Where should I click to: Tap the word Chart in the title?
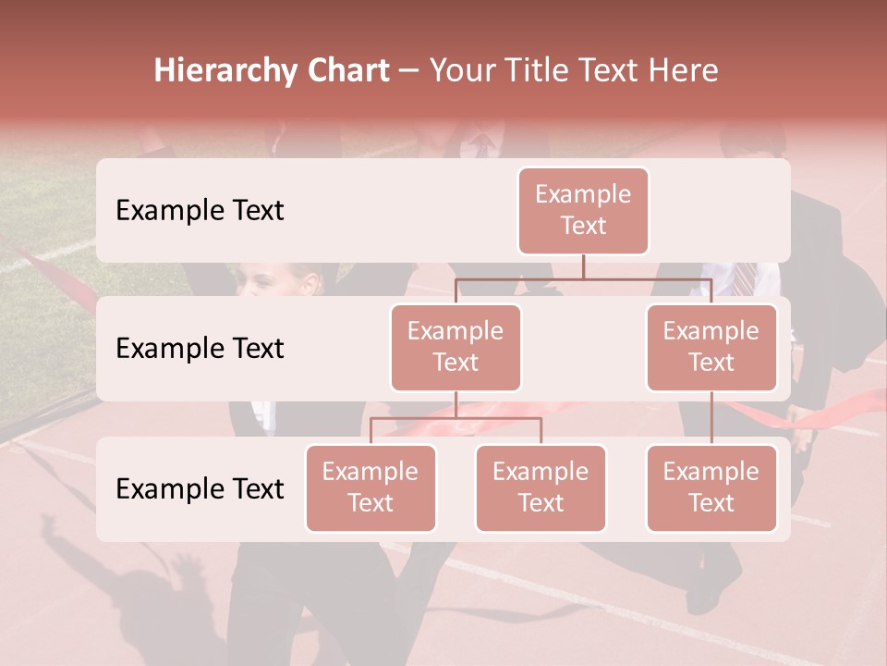pyautogui.click(x=346, y=70)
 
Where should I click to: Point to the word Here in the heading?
pyautogui.click(x=684, y=70)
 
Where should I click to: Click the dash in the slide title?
pyautogui.click(x=409, y=72)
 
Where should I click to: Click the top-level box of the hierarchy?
pyautogui.click(x=583, y=210)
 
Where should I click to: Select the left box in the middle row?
pyautogui.click(x=456, y=347)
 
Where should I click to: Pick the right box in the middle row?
pyautogui.click(x=711, y=347)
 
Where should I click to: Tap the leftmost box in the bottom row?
pyautogui.click(x=371, y=487)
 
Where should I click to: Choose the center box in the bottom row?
pyautogui.click(x=541, y=487)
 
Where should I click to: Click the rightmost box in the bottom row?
pyautogui.click(x=711, y=487)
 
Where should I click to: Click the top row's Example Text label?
pyautogui.click(x=200, y=210)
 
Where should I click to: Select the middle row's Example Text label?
pyautogui.click(x=200, y=348)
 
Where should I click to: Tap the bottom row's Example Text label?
pyautogui.click(x=200, y=488)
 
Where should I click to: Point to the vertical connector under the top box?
pyautogui.click(x=583, y=266)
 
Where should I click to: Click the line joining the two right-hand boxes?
pyautogui.click(x=711, y=417)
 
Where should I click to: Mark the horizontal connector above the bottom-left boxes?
pyautogui.click(x=456, y=418)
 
